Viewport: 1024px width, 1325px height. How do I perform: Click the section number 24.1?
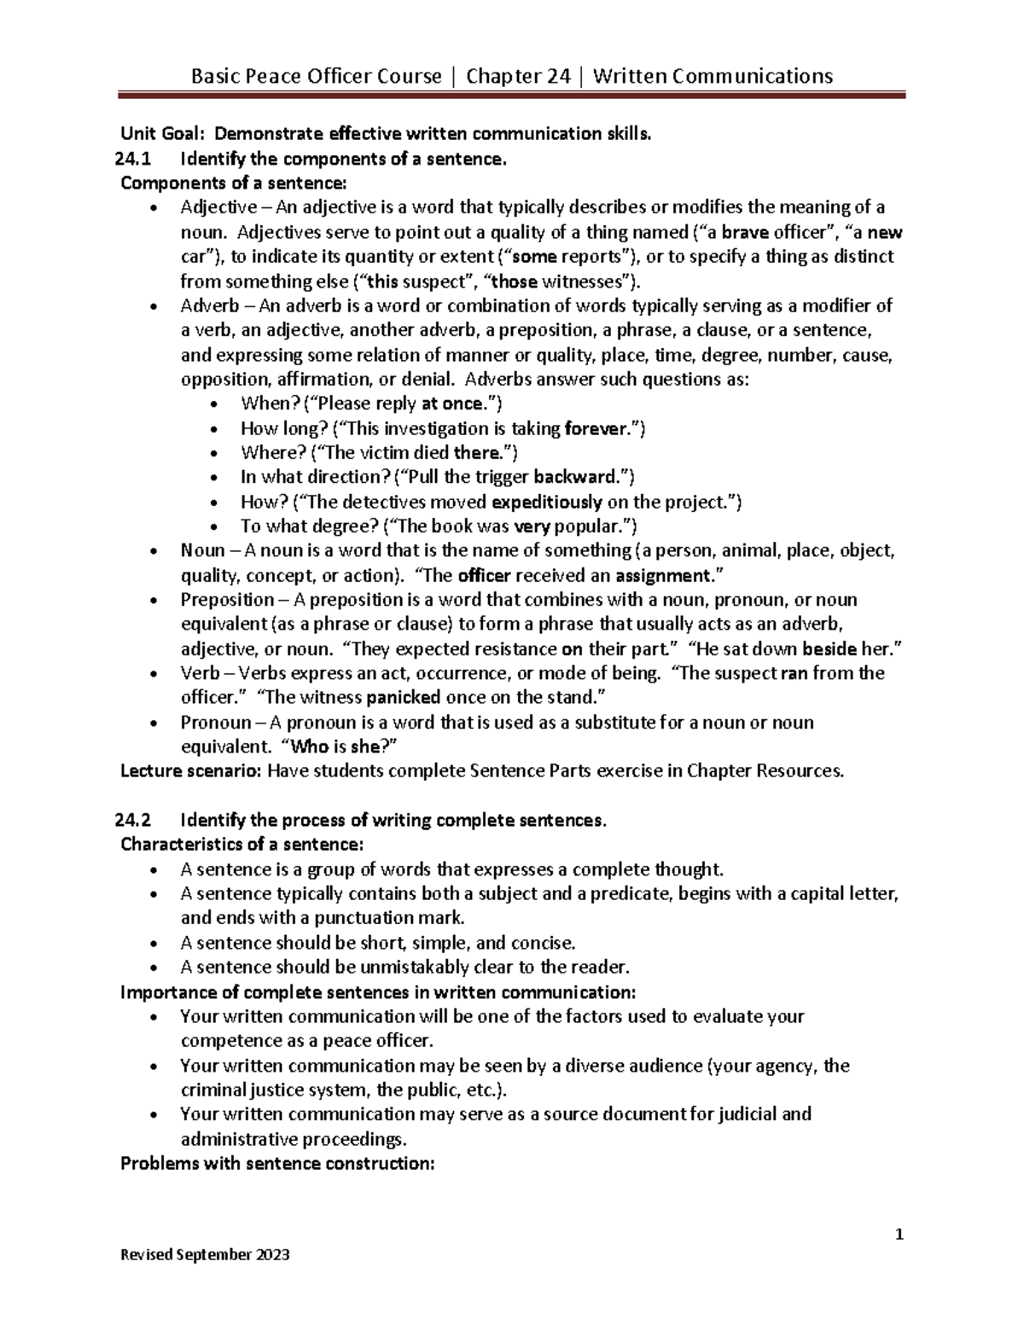pyautogui.click(x=131, y=159)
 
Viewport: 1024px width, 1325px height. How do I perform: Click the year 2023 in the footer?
pyautogui.click(x=272, y=1254)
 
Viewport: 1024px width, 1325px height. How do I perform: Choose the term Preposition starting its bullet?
pyautogui.click(x=227, y=600)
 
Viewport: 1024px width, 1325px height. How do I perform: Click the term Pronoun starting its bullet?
pyautogui.click(x=217, y=723)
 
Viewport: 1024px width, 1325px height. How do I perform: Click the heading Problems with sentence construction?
pyautogui.click(x=278, y=1164)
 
